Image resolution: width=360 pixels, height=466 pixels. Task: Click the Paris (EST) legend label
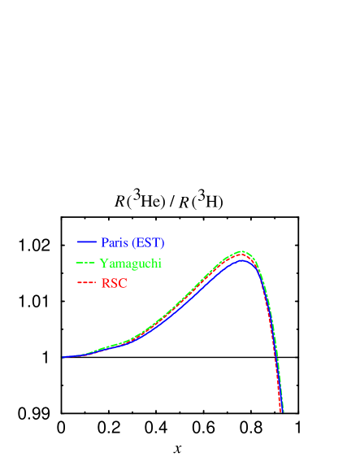(132, 242)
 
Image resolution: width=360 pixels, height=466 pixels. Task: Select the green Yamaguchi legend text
(131, 263)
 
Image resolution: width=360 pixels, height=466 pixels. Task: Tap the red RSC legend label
(114, 284)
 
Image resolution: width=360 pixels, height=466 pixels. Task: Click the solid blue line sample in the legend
(87, 242)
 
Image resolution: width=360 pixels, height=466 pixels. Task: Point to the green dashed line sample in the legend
(86, 263)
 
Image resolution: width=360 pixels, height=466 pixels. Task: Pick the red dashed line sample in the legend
(86, 284)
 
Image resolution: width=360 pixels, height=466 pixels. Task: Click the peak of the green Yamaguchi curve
(242, 251)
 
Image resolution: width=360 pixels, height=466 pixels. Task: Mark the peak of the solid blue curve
(241, 260)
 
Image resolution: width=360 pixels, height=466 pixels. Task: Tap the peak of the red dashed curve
(241, 255)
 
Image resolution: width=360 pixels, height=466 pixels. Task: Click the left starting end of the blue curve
(63, 357)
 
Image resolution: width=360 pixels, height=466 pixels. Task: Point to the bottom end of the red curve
(281, 412)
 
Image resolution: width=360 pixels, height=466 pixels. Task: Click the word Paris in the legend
(115, 242)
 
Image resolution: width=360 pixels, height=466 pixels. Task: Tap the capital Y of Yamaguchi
(104, 263)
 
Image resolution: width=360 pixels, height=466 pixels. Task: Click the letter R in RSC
(105, 284)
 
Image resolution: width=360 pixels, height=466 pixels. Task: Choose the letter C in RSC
(123, 284)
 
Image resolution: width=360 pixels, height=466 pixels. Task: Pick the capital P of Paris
(104, 242)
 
